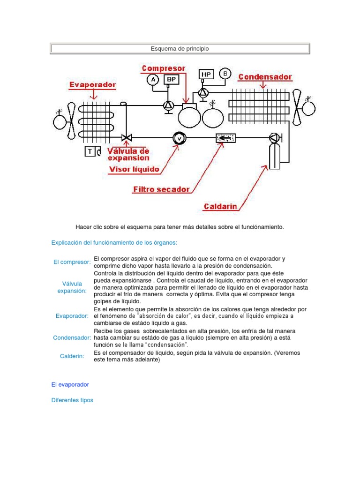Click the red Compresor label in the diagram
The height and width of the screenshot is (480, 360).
click(x=164, y=68)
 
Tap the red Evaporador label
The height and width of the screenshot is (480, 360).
click(x=93, y=85)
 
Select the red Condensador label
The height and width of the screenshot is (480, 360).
click(x=265, y=76)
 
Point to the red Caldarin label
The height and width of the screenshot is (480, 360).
click(x=220, y=206)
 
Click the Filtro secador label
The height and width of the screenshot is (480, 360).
click(x=161, y=189)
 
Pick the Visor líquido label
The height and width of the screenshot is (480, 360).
click(x=134, y=169)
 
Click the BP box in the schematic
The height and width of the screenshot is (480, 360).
click(x=172, y=80)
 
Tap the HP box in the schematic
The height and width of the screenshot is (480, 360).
click(x=206, y=74)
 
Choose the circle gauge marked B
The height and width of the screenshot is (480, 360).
click(x=225, y=73)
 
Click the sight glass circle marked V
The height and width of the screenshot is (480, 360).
click(x=179, y=138)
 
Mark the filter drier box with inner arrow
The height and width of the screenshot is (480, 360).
click(x=225, y=138)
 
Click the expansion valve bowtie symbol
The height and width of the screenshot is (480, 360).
click(x=126, y=138)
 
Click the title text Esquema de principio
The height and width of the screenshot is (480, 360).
click(x=180, y=49)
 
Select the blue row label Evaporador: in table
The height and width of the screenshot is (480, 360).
click(x=72, y=316)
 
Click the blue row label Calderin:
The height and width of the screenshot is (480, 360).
click(x=72, y=356)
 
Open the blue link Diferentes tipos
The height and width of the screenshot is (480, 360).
click(x=72, y=400)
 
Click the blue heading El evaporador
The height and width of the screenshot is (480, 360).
click(x=70, y=384)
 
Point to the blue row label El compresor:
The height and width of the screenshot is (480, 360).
click(x=72, y=262)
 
